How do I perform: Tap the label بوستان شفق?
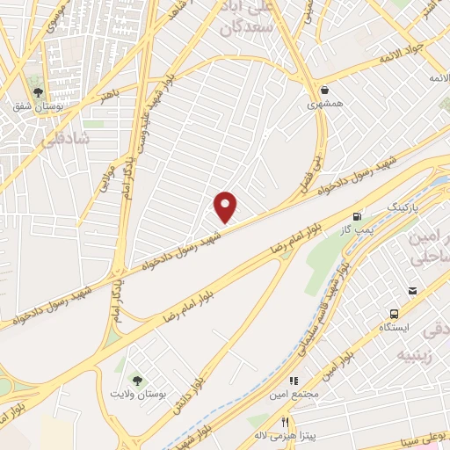(33, 107)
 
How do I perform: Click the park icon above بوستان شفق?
(38, 91)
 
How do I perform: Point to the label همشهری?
(324, 104)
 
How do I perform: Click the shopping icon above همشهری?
(325, 89)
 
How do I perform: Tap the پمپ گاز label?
(358, 230)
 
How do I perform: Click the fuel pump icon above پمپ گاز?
(357, 216)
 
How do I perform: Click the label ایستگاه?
(394, 327)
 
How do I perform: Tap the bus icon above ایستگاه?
(394, 313)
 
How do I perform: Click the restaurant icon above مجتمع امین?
(294, 381)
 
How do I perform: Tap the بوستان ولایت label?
(135, 394)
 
